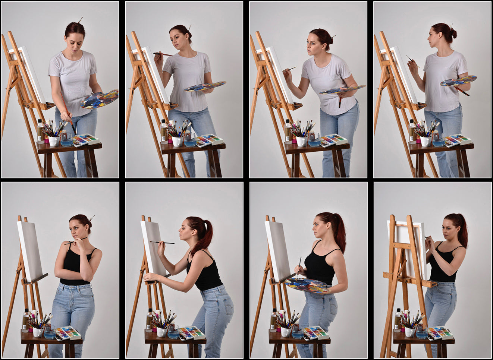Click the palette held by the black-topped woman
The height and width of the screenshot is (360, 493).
[x=307, y=285]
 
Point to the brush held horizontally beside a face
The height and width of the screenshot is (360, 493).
[x=163, y=54]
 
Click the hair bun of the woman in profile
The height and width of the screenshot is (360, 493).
[x=453, y=34]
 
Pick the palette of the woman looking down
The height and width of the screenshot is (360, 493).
[x=99, y=99]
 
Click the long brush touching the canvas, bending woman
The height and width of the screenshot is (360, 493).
[x=162, y=243]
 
